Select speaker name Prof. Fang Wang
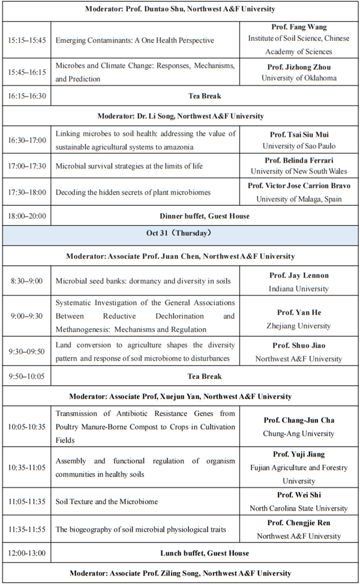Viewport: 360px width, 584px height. coord(299,28)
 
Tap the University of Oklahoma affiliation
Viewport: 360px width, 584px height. coord(299,78)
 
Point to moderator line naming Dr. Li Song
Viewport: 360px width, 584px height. coord(180,116)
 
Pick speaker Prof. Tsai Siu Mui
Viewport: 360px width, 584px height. coord(299,134)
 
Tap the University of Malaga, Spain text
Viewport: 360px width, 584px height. coord(299,199)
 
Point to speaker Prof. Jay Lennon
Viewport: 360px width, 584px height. coord(299,275)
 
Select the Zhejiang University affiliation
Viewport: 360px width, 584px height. coord(299,326)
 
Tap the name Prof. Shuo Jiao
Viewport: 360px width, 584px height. coord(299,346)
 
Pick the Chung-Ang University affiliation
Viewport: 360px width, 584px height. coord(299,433)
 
